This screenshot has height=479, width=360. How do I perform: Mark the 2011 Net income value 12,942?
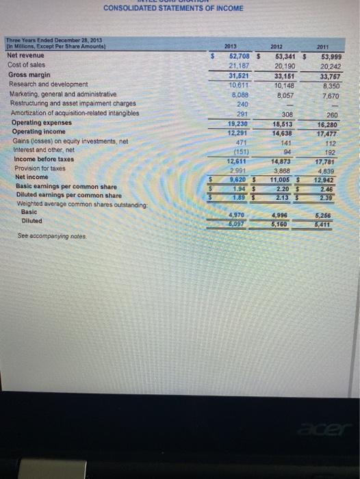pos(333,180)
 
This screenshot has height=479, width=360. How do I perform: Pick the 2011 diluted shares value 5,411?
pos(333,223)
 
